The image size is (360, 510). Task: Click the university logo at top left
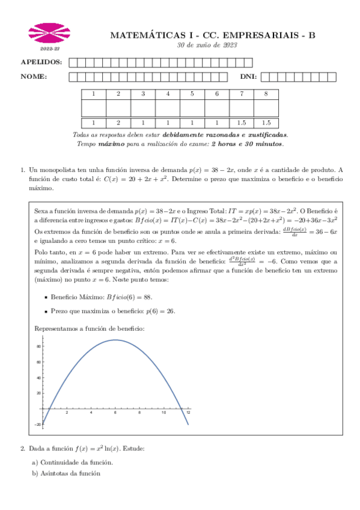pyautogui.click(x=46, y=33)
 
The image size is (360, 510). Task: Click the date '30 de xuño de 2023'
pyautogui.click(x=207, y=46)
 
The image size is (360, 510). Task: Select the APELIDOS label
pyautogui.click(x=41, y=62)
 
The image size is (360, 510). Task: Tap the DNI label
pyautogui.click(x=248, y=76)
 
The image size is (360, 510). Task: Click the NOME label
pyautogui.click(x=34, y=76)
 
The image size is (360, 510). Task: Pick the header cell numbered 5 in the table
pyautogui.click(x=192, y=94)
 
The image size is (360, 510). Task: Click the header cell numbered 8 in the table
pyautogui.click(x=266, y=94)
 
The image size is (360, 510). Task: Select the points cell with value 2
pyautogui.click(x=118, y=122)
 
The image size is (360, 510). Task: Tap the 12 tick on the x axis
pyautogui.click(x=188, y=413)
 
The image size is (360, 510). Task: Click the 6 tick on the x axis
pyautogui.click(x=115, y=413)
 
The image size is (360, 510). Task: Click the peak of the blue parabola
pyautogui.click(x=115, y=340)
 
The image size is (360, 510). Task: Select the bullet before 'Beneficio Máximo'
pyautogui.click(x=46, y=297)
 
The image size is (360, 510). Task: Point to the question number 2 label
pyautogui.click(x=22, y=449)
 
